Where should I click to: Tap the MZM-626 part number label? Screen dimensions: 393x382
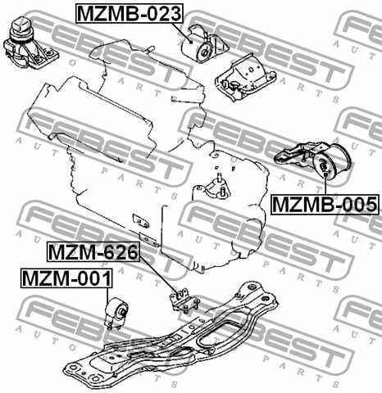pos(92,251)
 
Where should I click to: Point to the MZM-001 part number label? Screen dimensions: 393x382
pos(65,279)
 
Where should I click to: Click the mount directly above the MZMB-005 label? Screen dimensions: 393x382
pos(315,160)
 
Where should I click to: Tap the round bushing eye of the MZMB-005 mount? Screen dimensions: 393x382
pos(325,169)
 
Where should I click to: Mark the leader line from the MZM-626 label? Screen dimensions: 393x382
pos(156,270)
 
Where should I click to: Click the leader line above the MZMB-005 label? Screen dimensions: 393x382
pos(325,185)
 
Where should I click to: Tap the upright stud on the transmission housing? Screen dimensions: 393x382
pos(223,183)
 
